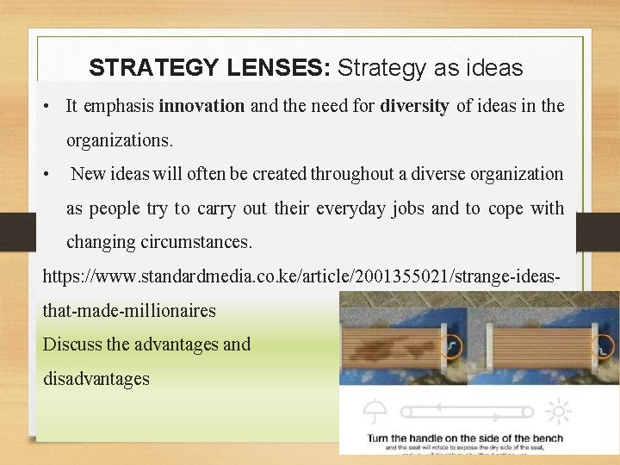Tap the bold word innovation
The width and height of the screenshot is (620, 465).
coord(202,107)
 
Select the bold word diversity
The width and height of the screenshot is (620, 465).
coord(414,107)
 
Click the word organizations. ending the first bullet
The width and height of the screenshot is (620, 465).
coord(120,139)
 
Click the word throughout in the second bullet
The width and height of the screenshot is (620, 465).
coord(353,174)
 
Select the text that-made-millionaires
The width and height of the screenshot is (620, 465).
coord(129,310)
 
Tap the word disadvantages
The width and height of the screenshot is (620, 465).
coord(96,378)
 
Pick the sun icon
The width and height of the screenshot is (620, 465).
coord(558,411)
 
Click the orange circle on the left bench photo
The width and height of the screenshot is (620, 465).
coord(449,347)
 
